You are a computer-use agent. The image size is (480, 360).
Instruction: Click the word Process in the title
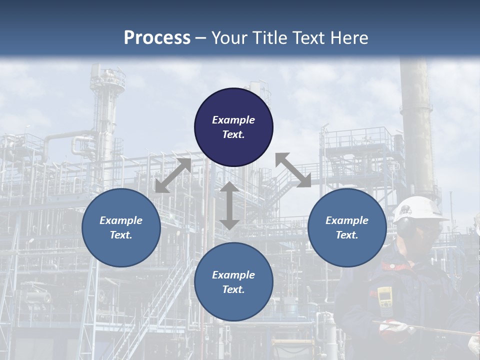[157, 38]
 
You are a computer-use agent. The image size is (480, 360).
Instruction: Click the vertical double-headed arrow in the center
[229, 205]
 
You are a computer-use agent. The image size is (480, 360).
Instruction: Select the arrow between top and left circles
[173, 175]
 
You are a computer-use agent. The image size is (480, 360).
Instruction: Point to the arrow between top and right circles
[293, 170]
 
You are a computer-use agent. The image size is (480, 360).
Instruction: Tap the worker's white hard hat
[417, 208]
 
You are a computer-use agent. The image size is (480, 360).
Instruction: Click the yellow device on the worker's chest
[384, 298]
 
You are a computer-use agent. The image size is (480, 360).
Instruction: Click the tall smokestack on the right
[416, 130]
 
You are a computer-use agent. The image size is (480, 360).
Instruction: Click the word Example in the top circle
[233, 120]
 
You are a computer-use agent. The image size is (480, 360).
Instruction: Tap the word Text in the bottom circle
[233, 289]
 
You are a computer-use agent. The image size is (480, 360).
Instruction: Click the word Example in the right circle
[347, 220]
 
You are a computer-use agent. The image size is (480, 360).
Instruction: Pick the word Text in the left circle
[121, 235]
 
